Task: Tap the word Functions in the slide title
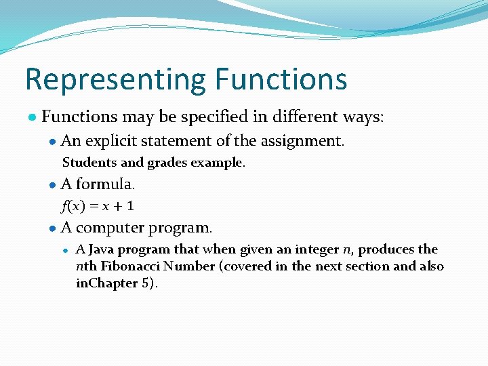coord(281,79)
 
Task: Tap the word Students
coord(87,163)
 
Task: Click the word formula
coord(106,184)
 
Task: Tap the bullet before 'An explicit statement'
coord(52,142)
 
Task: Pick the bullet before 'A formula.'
coord(52,185)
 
